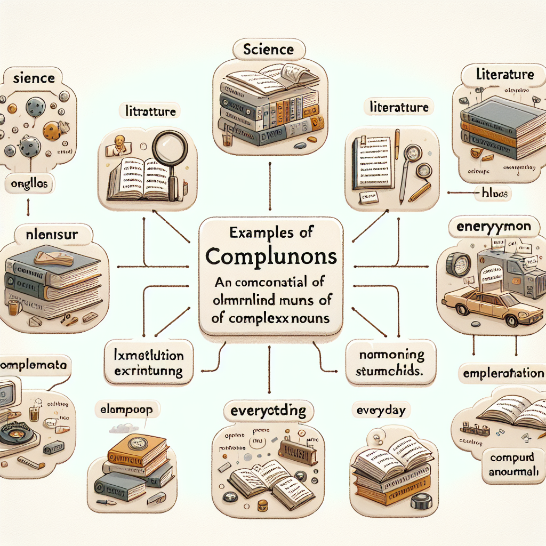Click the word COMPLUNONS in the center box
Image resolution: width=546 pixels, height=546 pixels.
coord(271,256)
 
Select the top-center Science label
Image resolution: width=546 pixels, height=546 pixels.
coord(268,50)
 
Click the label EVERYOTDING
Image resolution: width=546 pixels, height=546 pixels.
coord(268,411)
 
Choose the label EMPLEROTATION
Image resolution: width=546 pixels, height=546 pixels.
coord(504,373)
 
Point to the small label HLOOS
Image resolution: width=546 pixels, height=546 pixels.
coord(493,194)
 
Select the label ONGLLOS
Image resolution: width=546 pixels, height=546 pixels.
coord(30,184)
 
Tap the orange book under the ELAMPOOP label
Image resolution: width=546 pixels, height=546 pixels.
coord(138,452)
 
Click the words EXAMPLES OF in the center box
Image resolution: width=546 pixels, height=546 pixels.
coord(271,232)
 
